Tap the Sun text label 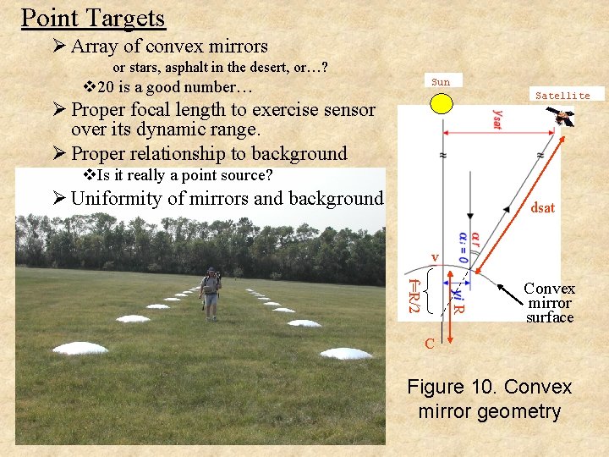(x=441, y=82)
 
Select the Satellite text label (x=562, y=96)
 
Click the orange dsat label (x=542, y=207)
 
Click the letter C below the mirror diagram (x=430, y=343)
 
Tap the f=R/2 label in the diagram (x=413, y=293)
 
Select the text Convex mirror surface (x=549, y=303)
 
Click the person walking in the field (x=210, y=292)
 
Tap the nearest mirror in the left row (x=80, y=348)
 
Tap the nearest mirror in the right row (x=346, y=353)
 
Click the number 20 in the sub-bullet (x=108, y=87)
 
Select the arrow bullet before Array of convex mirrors (x=60, y=47)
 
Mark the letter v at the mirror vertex (x=435, y=256)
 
